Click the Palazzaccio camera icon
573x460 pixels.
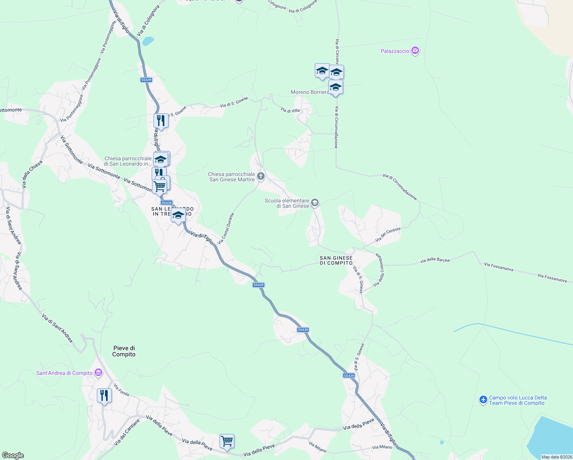tap(415, 51)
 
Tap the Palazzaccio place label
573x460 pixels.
tap(395, 51)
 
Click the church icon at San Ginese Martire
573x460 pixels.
tap(261, 176)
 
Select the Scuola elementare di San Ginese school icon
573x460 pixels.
tap(315, 202)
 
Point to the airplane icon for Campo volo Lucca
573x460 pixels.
tap(483, 400)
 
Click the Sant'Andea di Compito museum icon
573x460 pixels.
tap(98, 373)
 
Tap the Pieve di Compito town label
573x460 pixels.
tap(124, 351)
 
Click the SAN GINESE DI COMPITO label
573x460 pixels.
tap(336, 261)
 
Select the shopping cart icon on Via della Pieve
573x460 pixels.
tap(227, 441)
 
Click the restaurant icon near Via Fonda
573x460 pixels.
tap(104, 395)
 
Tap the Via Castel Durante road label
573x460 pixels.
tap(226, 229)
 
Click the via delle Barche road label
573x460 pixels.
tap(435, 260)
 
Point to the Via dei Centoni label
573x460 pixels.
tap(388, 235)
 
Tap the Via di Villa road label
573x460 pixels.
tap(290, 110)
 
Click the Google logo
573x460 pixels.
tap(13, 455)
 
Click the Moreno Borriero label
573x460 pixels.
tap(309, 92)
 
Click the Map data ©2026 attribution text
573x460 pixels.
tap(556, 457)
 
